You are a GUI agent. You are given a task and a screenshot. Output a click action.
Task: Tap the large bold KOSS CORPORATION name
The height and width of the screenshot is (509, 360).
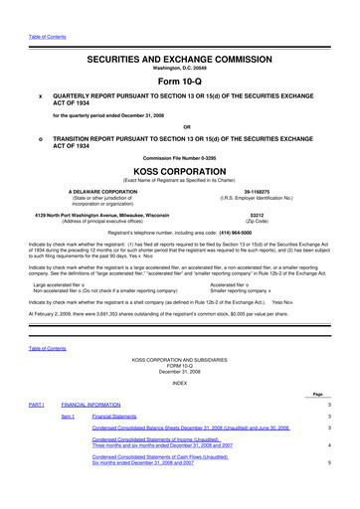point(180,169)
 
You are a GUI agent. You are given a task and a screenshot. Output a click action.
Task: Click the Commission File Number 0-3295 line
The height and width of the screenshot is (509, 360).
point(180,156)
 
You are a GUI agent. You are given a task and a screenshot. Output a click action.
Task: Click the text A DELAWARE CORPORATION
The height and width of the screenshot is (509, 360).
point(102,189)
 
